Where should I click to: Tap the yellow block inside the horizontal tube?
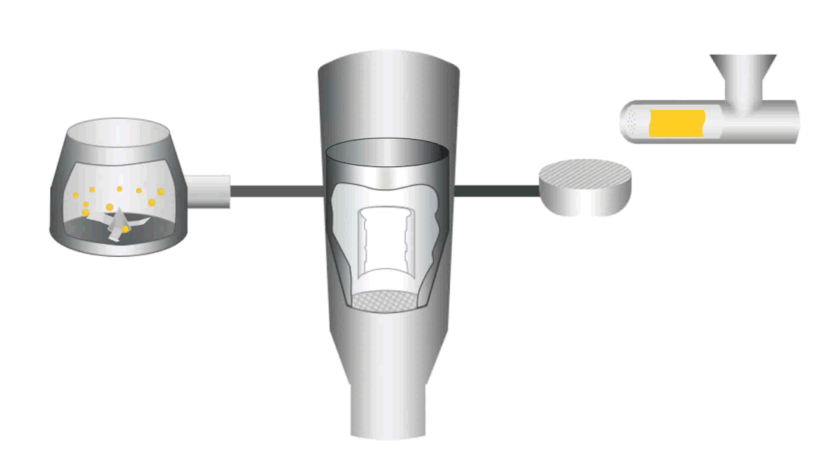[x=676, y=123]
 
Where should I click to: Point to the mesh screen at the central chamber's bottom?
[x=386, y=301]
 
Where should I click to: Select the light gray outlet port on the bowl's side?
[x=208, y=191]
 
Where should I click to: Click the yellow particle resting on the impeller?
[x=125, y=229]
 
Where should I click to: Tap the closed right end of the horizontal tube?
[x=790, y=122]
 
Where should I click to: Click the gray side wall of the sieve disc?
[x=586, y=201]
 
